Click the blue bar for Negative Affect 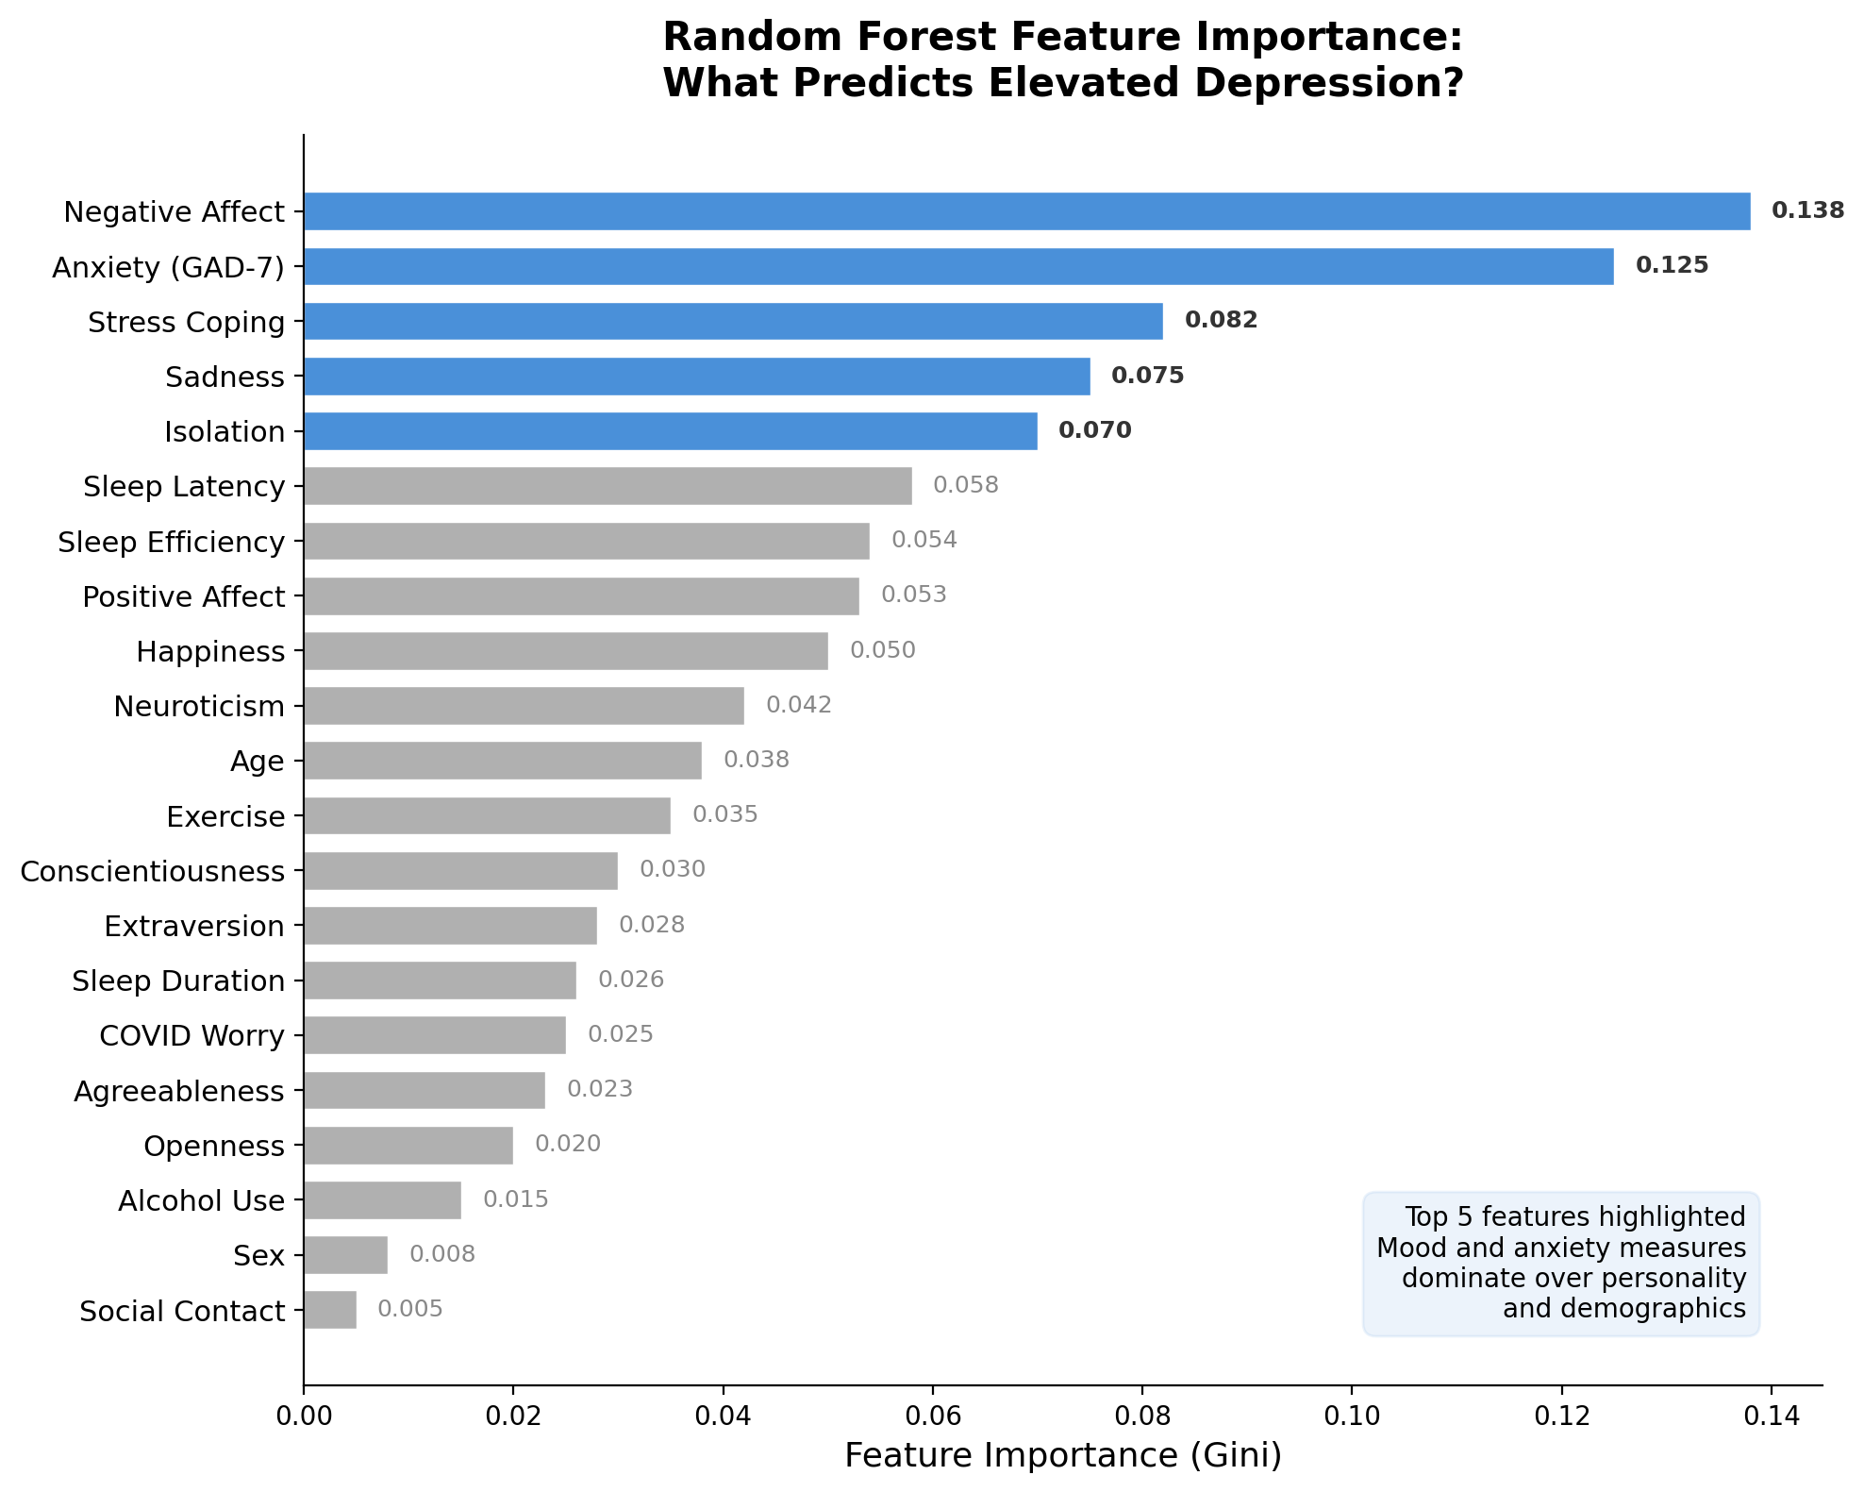1026,211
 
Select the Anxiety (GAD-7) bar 958,266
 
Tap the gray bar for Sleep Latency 607,486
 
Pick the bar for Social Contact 330,1310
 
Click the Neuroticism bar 524,706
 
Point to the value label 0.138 1807,210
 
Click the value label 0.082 1221,320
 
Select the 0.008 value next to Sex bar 441,1254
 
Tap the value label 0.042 798,705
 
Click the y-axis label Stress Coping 186,323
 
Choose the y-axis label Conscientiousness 152,871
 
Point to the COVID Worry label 191,1036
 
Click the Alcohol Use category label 201,1201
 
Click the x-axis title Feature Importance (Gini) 1063,1456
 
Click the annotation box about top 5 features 1560,1263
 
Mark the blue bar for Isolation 670,431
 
